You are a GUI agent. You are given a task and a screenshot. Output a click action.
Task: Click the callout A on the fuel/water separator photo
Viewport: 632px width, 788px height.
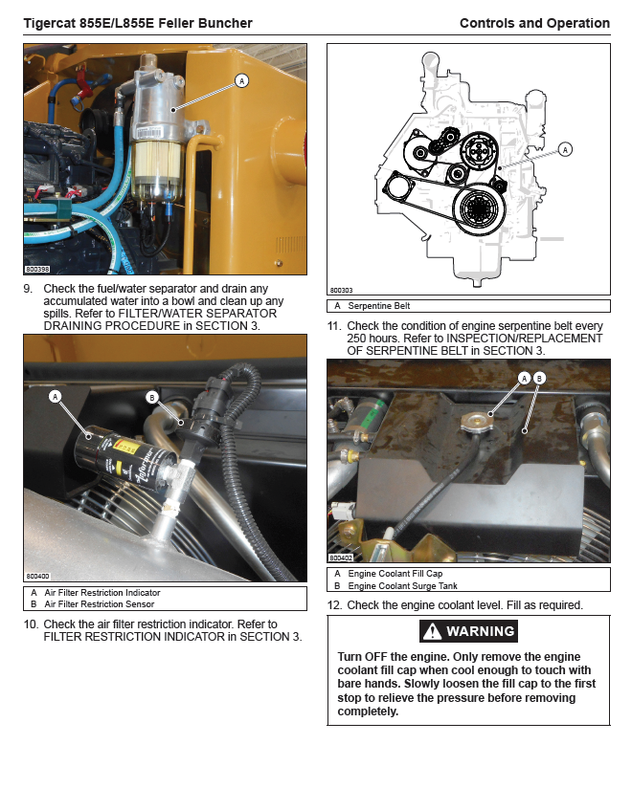242,81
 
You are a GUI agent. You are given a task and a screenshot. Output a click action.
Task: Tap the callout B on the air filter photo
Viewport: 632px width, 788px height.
151,397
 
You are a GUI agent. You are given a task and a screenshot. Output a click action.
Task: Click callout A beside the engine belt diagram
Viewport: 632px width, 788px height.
565,149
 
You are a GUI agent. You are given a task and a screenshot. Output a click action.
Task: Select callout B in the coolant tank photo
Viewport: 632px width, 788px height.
539,379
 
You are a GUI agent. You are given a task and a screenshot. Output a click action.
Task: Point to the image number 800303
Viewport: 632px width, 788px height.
341,290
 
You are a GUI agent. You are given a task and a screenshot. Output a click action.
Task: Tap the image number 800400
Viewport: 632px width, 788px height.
37,577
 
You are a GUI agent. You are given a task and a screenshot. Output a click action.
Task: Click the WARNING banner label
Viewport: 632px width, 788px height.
480,631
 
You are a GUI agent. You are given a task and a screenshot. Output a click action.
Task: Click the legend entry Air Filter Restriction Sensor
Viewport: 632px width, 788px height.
98,604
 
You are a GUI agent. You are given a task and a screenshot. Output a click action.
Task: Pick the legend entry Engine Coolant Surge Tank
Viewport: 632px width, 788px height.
402,585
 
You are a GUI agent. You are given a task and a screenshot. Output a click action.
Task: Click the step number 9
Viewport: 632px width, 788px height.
28,289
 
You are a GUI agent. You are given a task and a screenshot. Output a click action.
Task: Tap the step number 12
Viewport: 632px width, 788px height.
334,605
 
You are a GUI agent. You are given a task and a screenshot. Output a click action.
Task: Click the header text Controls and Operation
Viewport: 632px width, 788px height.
534,23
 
